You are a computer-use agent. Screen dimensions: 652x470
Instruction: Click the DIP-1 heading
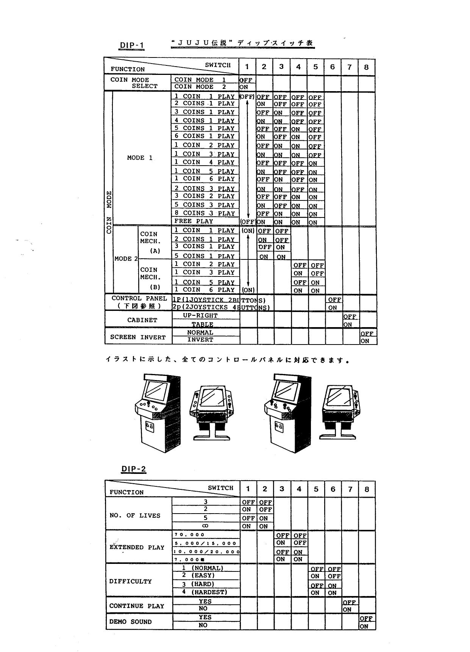(x=132, y=46)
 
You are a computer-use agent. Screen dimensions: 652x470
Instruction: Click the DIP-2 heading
(x=133, y=469)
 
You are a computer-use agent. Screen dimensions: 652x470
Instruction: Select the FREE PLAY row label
(x=194, y=221)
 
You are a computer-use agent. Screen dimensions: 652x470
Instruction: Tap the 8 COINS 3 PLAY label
(x=205, y=213)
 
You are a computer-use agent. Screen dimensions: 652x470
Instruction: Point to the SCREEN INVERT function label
(x=138, y=337)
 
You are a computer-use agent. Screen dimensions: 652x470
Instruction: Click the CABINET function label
(x=142, y=320)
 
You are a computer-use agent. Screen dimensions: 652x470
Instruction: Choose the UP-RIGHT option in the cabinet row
(x=200, y=315)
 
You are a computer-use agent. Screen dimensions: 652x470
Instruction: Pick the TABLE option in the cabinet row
(x=202, y=324)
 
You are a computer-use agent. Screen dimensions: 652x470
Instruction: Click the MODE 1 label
(x=140, y=158)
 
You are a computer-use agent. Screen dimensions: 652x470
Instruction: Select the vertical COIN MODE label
(x=109, y=212)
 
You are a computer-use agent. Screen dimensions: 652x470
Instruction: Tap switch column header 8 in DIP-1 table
(x=366, y=67)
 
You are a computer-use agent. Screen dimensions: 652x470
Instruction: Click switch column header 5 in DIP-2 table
(x=316, y=489)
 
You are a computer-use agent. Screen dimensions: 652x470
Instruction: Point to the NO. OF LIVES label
(x=135, y=515)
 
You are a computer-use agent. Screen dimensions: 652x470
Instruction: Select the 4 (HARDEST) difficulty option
(x=205, y=592)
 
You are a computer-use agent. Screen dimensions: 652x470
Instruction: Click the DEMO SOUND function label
(x=130, y=622)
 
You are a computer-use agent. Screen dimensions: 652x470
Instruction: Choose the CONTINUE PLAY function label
(x=137, y=606)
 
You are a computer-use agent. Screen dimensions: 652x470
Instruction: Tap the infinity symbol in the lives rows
(x=205, y=526)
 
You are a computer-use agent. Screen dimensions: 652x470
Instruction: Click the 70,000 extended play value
(x=189, y=535)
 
